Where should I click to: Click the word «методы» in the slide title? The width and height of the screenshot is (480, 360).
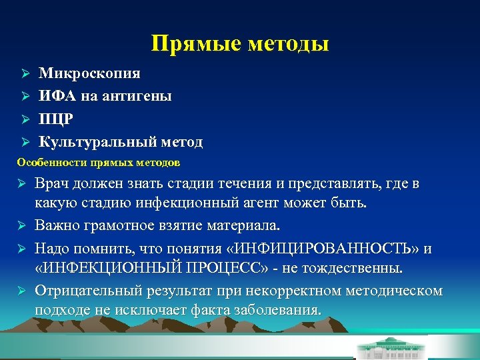[x=289, y=44]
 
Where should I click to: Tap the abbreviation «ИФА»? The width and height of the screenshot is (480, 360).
[x=57, y=96]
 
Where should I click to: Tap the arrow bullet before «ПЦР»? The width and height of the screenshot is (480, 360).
[x=23, y=119]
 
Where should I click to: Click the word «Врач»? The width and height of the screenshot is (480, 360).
[x=53, y=184]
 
